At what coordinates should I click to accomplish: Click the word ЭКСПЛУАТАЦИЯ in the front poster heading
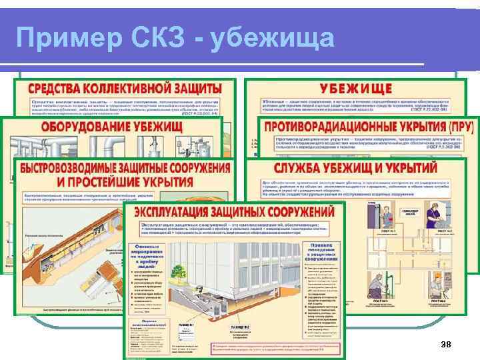[x=177, y=211]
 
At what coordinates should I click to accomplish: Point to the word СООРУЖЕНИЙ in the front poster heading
[x=301, y=211]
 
